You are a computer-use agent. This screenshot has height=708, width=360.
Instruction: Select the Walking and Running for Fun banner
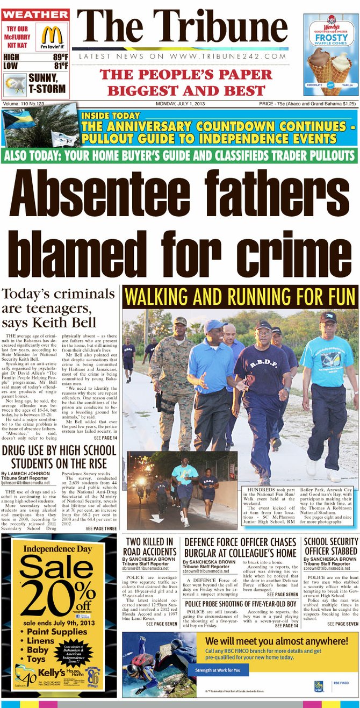[x=240, y=297]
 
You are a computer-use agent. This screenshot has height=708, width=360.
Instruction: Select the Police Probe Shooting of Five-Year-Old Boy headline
[x=240, y=604]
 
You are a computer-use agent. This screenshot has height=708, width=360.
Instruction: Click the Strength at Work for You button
[x=218, y=670]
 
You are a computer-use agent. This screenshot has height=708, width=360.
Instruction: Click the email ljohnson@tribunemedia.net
[x=25, y=483]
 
